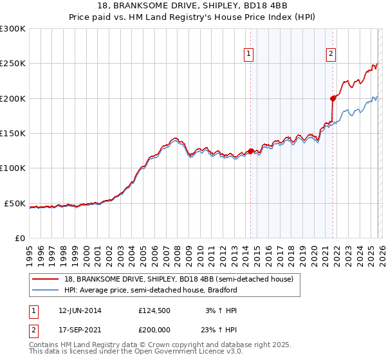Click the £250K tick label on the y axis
(13, 64)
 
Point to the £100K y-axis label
(13, 168)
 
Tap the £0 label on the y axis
(19, 238)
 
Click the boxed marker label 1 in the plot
(249, 55)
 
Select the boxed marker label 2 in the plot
(331, 55)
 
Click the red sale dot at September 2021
(333, 98)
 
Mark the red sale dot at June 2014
(250, 151)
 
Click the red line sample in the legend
(46, 279)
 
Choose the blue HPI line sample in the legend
(46, 290)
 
